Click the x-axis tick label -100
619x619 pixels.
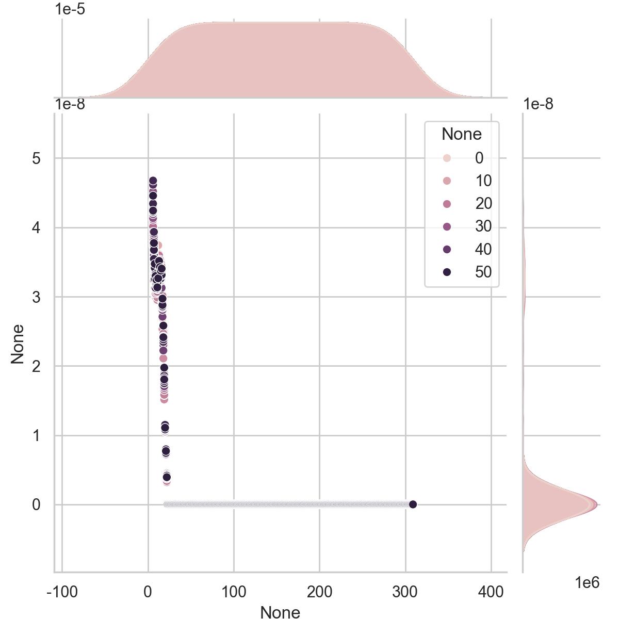[x=62, y=592]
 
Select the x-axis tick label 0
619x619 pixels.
[x=148, y=592]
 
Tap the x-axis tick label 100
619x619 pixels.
[x=234, y=592]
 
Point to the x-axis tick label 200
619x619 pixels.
[x=319, y=592]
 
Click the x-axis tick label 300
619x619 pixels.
[x=405, y=592]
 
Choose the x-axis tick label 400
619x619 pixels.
[x=491, y=592]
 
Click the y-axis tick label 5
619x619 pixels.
[x=36, y=158]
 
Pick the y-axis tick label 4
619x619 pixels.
[x=36, y=227]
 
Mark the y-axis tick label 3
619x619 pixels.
[x=36, y=297]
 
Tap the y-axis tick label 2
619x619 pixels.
[x=36, y=366]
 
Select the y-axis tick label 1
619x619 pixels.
[x=36, y=436]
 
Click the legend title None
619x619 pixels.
[x=462, y=134]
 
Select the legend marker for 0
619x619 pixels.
[x=447, y=158]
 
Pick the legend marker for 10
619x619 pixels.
[x=447, y=181]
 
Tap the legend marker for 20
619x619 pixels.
[x=447, y=204]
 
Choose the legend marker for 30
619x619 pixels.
[x=447, y=226]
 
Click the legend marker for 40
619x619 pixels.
[x=447, y=249]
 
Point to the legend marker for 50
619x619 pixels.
[x=447, y=272]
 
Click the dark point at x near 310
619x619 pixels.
[x=413, y=504]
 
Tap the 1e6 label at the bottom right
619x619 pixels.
[x=587, y=583]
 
